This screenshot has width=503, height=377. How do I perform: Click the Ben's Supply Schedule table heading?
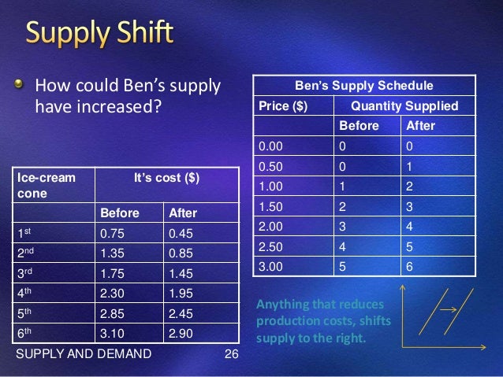(x=363, y=85)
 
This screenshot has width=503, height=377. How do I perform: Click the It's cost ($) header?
(x=166, y=178)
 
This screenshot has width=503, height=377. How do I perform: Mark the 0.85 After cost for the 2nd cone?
(x=181, y=253)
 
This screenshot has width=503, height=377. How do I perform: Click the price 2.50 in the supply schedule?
(x=270, y=246)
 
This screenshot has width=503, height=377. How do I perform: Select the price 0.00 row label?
(x=270, y=146)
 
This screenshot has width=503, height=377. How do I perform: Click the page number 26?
(x=231, y=353)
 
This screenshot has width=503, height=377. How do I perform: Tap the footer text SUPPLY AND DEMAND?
(x=83, y=353)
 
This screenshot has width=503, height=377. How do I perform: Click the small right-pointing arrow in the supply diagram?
(x=449, y=309)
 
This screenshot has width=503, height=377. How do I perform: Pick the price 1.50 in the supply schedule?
(x=270, y=206)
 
